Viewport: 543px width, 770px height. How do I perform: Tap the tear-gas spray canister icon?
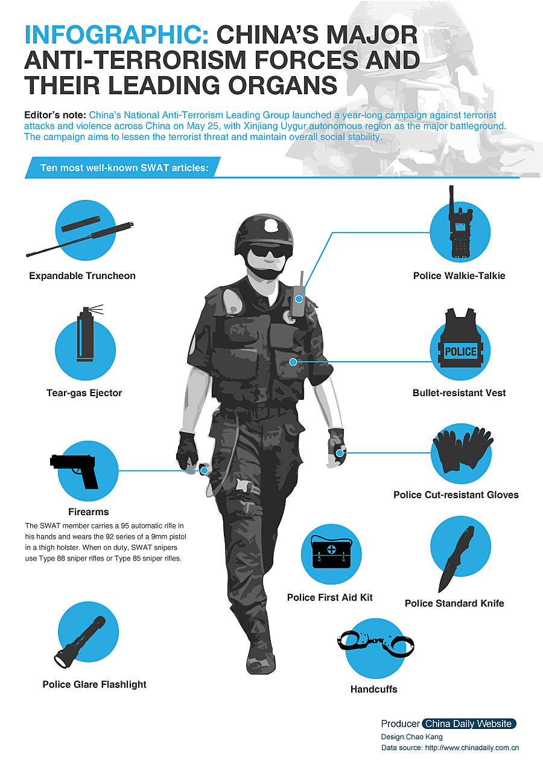(86, 333)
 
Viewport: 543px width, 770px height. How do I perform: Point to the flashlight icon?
(80, 642)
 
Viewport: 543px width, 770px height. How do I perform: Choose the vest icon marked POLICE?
(460, 338)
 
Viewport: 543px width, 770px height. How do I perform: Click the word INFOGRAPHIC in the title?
(117, 35)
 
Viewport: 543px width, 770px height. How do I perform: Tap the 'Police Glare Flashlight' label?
(95, 684)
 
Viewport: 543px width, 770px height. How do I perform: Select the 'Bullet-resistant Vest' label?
(459, 393)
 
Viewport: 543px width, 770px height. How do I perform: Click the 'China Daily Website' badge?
(468, 723)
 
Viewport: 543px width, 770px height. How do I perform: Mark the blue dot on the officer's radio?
(299, 299)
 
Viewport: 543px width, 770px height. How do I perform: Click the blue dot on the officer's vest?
(293, 362)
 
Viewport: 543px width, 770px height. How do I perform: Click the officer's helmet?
(264, 234)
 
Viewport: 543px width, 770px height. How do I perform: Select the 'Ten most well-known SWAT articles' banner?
(122, 168)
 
